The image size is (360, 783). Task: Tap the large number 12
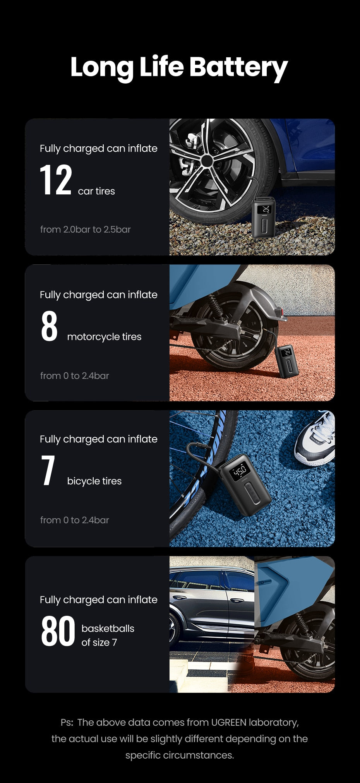click(x=56, y=180)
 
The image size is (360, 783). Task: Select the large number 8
click(x=49, y=326)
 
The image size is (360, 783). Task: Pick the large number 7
click(x=48, y=470)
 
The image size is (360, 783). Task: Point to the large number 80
click(x=58, y=632)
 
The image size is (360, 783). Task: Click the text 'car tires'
click(x=96, y=191)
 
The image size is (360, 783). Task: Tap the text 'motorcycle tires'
click(x=104, y=337)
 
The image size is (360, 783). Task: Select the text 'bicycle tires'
click(x=94, y=481)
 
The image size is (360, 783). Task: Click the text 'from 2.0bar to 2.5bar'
click(x=86, y=230)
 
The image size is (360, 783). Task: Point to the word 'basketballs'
click(x=108, y=629)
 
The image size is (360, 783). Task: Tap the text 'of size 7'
click(x=99, y=643)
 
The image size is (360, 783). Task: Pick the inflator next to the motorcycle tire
click(x=287, y=361)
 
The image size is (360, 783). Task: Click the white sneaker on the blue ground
click(x=315, y=439)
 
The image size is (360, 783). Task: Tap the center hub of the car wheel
click(x=206, y=161)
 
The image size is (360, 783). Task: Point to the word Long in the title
click(x=102, y=67)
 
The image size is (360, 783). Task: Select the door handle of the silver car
click(x=235, y=601)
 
